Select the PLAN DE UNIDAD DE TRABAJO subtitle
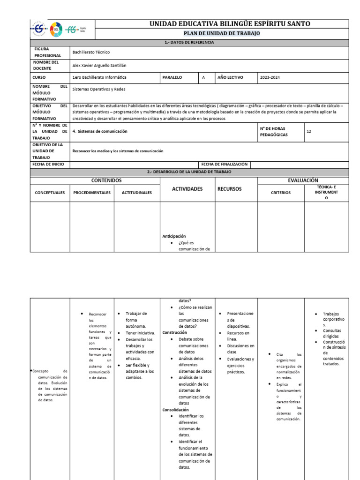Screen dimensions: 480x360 point(222,34)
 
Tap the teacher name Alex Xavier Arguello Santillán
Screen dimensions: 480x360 point(99,66)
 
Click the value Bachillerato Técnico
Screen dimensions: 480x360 point(91,52)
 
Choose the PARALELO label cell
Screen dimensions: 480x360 point(172,77)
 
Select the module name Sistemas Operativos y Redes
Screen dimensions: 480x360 point(99,89)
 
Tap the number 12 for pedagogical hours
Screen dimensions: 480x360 point(308,132)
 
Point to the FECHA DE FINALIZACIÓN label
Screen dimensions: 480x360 point(224,164)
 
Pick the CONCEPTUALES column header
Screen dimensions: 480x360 point(50,192)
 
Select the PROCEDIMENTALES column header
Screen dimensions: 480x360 point(92,192)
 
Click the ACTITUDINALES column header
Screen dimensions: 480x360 point(137,192)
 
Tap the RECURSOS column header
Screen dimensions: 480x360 point(229,189)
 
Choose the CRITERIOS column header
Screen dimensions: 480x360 point(281,192)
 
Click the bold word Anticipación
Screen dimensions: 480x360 point(174,236)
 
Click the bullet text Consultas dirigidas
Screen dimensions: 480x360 point(332,334)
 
